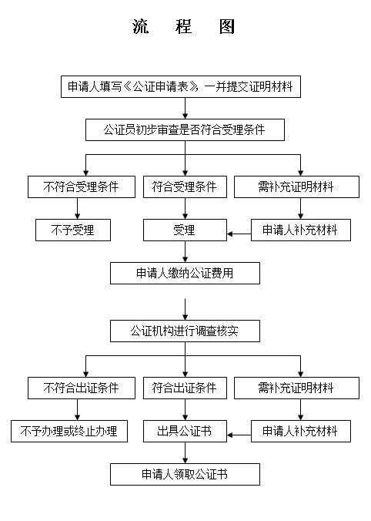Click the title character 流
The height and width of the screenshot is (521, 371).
point(140,26)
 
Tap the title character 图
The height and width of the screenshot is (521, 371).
point(227,26)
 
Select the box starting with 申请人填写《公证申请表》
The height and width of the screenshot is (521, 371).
point(181,87)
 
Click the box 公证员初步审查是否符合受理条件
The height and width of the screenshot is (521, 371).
point(185,130)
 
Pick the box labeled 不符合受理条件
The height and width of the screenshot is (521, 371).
point(82,187)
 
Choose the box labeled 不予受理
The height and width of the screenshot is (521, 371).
point(73,230)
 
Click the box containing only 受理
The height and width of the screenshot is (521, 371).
point(185,230)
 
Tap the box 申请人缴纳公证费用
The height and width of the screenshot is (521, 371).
point(185,273)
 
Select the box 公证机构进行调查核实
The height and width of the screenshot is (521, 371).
point(185,331)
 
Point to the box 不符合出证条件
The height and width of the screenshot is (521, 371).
point(82,388)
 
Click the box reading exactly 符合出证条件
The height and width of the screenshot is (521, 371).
point(185,388)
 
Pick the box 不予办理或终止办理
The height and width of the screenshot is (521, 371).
point(69,432)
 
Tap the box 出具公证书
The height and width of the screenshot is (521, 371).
point(185,432)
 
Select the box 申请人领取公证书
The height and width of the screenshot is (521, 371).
point(185,475)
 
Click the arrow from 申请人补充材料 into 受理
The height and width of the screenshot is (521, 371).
point(239,234)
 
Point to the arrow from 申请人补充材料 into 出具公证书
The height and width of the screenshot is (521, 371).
point(239,435)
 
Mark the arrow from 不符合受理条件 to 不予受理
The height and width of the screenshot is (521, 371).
point(77,208)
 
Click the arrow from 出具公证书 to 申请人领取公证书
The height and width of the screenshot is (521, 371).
point(185,453)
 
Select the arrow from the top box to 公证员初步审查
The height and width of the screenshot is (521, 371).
point(185,109)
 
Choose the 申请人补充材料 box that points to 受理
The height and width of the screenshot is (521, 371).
point(301,230)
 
